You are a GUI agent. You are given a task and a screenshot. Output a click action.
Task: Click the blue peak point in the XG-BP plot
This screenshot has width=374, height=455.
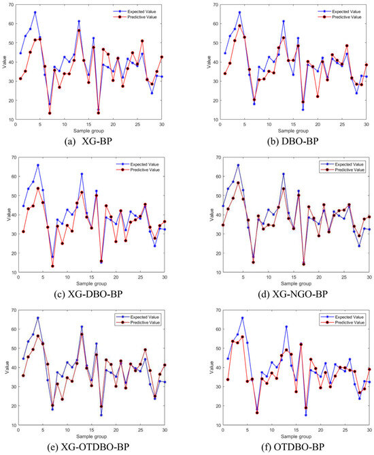[x=35, y=12]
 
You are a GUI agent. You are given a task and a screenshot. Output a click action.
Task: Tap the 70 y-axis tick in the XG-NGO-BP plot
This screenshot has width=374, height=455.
[x=213, y=158]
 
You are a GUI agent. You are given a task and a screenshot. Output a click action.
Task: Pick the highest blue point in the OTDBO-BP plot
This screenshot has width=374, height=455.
[x=241, y=318]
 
